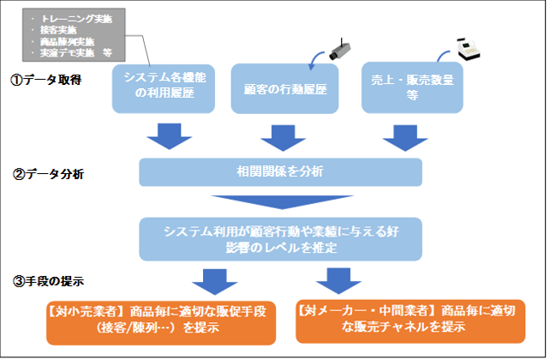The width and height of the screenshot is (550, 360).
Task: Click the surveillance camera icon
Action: pos(340,49)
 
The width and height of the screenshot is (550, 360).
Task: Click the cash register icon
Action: pos(469,49)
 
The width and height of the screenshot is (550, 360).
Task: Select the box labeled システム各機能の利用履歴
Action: pos(164,88)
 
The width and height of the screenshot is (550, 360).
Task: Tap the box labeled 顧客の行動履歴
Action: pos(284,88)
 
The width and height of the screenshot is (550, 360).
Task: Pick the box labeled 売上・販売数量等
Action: pos(412,87)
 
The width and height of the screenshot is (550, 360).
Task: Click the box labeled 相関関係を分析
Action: pos(281,172)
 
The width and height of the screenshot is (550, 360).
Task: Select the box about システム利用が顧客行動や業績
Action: pos(281,239)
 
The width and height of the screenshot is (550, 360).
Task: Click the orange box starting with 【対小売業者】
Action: pos(161,322)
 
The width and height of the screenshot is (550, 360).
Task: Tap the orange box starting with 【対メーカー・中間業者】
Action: pos(410,321)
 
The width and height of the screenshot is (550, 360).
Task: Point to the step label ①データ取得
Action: pos(46,80)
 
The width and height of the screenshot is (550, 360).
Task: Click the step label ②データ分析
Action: pos(48,174)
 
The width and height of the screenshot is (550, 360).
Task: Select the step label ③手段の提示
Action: pos(48,281)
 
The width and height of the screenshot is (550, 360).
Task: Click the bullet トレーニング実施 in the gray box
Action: pos(76,19)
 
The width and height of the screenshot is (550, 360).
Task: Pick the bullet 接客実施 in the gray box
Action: pos(58,30)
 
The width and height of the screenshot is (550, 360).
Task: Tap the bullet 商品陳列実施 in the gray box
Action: pos(67,41)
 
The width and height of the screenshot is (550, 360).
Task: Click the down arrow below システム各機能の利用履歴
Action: pos(170,136)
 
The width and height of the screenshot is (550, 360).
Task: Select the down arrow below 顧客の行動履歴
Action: pos(283,138)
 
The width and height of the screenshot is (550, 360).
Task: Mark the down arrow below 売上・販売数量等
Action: pos(405,138)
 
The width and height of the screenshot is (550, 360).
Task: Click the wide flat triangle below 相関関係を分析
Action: pos(283,201)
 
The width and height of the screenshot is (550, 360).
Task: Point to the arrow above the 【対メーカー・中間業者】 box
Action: pos(338,280)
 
